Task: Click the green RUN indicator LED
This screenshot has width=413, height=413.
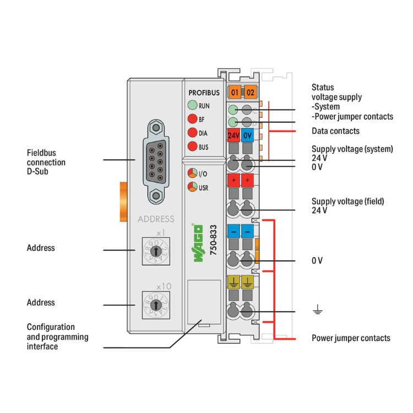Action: coord(192,105)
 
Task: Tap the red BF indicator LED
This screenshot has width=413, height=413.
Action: coord(192,119)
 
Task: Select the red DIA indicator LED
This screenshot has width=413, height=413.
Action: coord(192,133)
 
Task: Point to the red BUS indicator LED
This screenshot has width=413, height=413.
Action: coord(192,146)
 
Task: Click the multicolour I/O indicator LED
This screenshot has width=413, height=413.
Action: coord(192,173)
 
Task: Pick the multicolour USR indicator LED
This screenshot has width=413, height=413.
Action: coord(192,187)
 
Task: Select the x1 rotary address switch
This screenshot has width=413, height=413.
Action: coord(156,251)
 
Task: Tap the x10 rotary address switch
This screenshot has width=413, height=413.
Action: coord(156,305)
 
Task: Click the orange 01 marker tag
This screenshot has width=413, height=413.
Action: coord(235,91)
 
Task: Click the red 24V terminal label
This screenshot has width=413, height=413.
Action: coord(233,135)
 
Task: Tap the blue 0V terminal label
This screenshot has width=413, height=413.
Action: coord(247,135)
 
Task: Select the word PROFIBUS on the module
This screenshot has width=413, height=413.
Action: coord(204,93)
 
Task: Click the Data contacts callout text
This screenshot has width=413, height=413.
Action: coord(335,131)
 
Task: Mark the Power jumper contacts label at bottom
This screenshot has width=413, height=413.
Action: coord(351,338)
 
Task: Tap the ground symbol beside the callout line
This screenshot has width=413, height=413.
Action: coord(317,312)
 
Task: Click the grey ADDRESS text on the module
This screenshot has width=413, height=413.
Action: coord(156,219)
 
